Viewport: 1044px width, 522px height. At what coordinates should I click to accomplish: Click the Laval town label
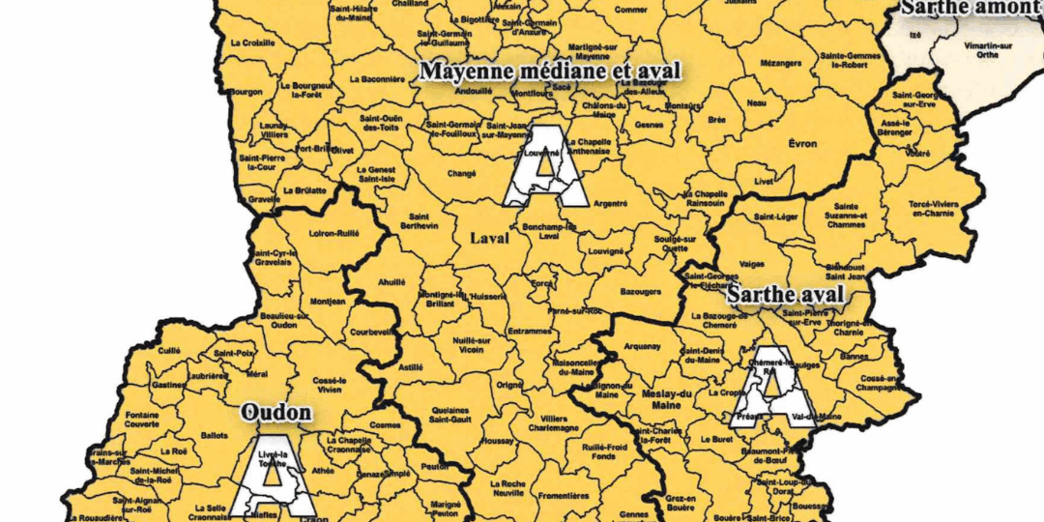[x=489, y=238]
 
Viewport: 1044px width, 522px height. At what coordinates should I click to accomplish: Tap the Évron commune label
[x=802, y=144]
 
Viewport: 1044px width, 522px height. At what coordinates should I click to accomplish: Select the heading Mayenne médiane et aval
[x=550, y=72]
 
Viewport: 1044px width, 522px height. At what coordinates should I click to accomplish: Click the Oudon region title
[x=276, y=414]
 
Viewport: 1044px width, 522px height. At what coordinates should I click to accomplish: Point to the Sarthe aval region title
[x=786, y=293]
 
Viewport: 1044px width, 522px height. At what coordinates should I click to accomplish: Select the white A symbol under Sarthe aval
[x=772, y=386]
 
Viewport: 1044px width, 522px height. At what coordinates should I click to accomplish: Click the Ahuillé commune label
[x=392, y=281]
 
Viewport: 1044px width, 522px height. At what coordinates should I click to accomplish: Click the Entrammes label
[x=528, y=331]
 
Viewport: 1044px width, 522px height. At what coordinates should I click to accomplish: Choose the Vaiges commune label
[x=751, y=261]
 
